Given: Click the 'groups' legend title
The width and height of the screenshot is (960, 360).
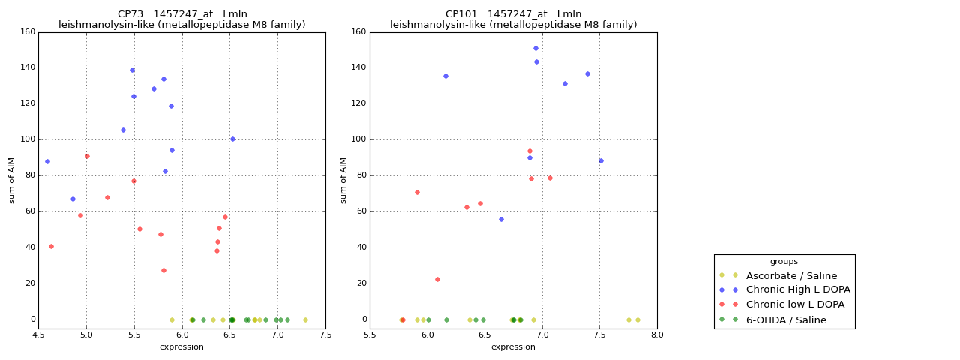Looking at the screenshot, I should pos(784,262).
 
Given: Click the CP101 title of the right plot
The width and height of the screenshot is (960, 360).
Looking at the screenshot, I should pos(513,14).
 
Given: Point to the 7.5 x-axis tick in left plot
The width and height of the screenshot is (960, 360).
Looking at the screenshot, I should pos(325,336).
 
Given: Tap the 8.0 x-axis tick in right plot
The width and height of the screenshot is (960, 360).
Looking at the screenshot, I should pos(657,336).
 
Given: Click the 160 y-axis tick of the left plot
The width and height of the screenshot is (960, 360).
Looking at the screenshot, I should pos(27,32).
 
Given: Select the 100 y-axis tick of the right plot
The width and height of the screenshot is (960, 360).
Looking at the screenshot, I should pos(358,139).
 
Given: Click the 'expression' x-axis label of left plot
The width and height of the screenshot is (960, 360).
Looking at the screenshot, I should pos(181,346).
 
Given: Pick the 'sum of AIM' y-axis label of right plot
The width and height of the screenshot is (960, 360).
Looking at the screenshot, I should pos(343,180).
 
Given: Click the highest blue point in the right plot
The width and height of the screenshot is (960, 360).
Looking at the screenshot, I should pos(535,48).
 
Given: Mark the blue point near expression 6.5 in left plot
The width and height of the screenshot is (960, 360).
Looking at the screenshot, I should pos(232,139).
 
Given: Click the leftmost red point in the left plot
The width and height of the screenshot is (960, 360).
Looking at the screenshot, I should pos(51,246).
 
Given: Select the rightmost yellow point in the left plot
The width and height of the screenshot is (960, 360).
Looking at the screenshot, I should pos(305,319).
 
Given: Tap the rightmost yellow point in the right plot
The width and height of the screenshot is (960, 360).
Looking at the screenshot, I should pos(637,319).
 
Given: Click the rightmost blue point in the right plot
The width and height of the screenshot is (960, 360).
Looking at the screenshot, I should pos(601,160).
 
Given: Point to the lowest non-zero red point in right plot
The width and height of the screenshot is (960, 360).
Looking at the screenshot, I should pos(437,279).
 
